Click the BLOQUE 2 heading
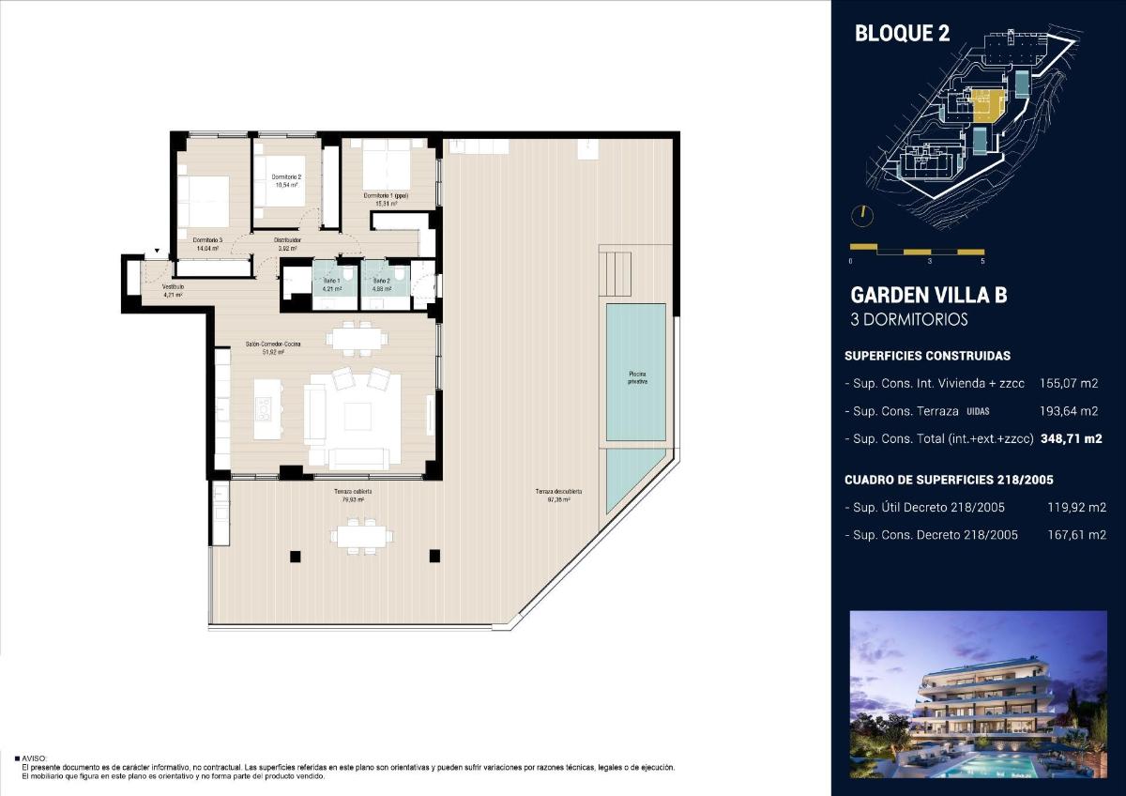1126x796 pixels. (x=902, y=34)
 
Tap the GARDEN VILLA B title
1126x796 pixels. (x=928, y=295)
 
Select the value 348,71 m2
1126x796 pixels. (x=1069, y=438)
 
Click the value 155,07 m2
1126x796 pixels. (x=1069, y=383)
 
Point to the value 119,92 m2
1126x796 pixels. (x=1076, y=508)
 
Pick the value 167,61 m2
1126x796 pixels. (x=1076, y=535)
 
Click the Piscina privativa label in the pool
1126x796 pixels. (x=637, y=377)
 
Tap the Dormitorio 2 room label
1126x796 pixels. (x=286, y=177)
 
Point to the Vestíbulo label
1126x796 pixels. (x=173, y=287)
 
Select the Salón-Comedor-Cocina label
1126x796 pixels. (x=273, y=345)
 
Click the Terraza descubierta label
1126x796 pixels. (x=558, y=492)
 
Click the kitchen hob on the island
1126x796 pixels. (x=265, y=408)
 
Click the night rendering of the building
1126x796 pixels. (x=978, y=695)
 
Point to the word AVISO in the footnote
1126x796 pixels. (x=33, y=758)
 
